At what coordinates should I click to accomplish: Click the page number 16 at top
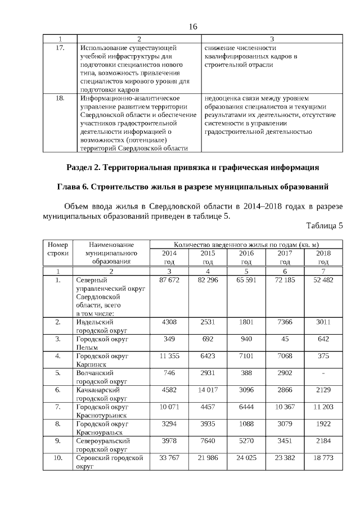(193, 27)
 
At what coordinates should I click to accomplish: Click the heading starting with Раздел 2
(193, 167)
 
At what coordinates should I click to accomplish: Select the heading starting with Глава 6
(193, 186)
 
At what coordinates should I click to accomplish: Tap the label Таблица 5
(325, 226)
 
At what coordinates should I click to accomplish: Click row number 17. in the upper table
(60, 48)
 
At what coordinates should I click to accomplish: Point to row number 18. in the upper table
(60, 98)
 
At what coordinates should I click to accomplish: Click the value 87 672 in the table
(169, 280)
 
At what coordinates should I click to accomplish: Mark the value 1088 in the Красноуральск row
(246, 423)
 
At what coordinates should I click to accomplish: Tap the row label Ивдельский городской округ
(102, 326)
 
